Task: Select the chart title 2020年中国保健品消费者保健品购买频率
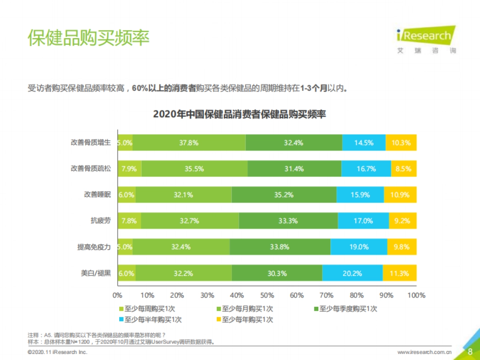coord(240,114)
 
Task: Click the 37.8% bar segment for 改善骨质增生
coord(189,143)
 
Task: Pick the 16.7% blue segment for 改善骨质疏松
coord(366,169)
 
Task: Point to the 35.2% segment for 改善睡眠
coord(284,195)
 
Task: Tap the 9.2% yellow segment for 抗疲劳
coord(402,221)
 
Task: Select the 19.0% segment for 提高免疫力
coord(359,247)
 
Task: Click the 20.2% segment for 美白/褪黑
coord(352,273)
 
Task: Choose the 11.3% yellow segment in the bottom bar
coord(399,273)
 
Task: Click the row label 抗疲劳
coord(100,221)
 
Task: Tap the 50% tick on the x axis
coord(267,296)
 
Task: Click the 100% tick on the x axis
coord(416,296)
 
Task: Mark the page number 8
coord(470,352)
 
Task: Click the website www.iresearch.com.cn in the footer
coord(424,352)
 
